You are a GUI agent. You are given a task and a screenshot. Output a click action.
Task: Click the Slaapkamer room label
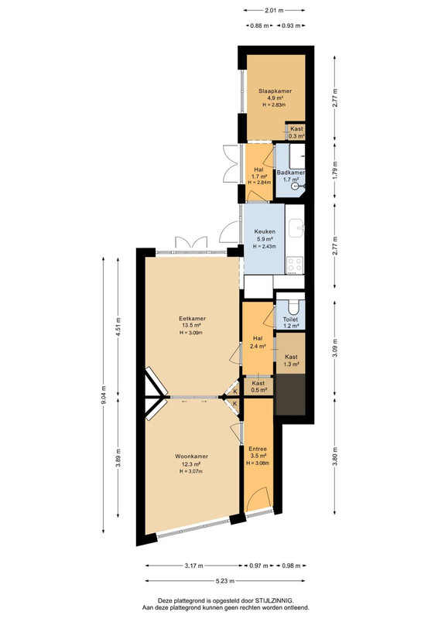pos(275,91)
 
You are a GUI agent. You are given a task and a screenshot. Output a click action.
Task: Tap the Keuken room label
pos(265,231)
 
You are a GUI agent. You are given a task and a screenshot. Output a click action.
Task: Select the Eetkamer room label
pos(192,318)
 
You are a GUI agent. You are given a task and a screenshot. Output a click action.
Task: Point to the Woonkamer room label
pos(192,457)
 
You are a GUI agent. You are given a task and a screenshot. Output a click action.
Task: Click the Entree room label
pos(258,449)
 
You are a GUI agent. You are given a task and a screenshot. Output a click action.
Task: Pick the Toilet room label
pos(290,320)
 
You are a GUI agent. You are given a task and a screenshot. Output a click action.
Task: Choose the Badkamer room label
pos(291,173)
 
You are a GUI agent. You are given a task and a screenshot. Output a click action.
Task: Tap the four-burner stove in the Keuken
pos(295,265)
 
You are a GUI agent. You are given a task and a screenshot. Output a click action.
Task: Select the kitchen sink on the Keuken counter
pos(296,228)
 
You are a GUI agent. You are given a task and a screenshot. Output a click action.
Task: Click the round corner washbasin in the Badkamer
pos(296,186)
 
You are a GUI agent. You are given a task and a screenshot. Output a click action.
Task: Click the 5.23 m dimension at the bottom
pos(225,581)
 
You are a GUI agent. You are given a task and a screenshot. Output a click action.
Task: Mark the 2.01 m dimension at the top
pos(274,11)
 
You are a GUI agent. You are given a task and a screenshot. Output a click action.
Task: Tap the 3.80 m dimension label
pos(335,457)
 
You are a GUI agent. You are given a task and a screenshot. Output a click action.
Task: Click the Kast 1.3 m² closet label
pos(291,361)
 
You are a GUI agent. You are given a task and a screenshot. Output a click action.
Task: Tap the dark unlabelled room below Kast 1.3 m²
pos(291,395)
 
